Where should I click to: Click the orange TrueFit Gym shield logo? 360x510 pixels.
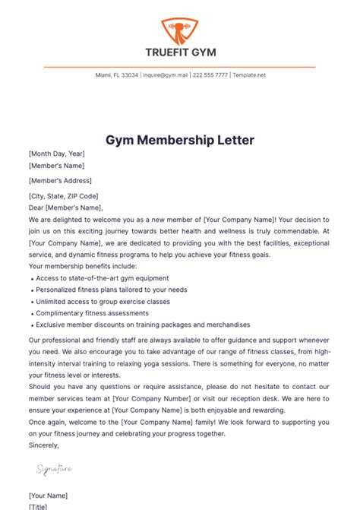pyautogui.click(x=179, y=30)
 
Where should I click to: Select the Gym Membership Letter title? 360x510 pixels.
pyautogui.click(x=180, y=140)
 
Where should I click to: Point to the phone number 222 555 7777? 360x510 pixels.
pyautogui.click(x=210, y=76)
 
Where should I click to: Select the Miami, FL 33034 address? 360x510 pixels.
pyautogui.click(x=117, y=76)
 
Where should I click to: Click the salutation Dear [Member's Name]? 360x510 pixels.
pyautogui.click(x=65, y=207)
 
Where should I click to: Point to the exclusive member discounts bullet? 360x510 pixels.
pyautogui.click(x=142, y=325)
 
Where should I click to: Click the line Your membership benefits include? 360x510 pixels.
pyautogui.click(x=82, y=266)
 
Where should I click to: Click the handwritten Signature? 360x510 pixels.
pyautogui.click(x=55, y=470)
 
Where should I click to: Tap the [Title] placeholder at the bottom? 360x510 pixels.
pyautogui.click(x=39, y=505)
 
